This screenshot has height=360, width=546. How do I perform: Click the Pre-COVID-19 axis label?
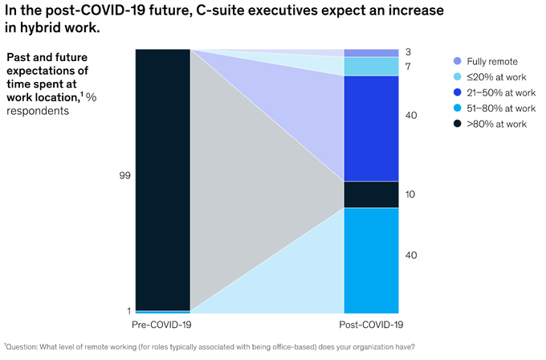pos(162,324)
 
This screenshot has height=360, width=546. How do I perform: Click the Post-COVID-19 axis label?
pos(371,324)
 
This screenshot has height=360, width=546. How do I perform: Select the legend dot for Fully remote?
pos(458,61)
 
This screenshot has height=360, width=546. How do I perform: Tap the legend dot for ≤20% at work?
pos(458,76)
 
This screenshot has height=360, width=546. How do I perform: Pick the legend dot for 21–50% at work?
pos(458,92)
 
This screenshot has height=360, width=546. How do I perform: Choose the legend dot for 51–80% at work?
pos(458,108)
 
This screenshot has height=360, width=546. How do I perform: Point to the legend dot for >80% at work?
pos(458,124)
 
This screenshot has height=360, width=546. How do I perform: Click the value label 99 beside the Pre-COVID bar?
pos(124,174)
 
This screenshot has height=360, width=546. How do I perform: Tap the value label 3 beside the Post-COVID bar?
pos(409,52)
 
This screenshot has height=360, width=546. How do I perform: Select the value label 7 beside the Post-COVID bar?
pos(409,66)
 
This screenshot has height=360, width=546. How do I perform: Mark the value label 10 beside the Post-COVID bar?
pos(411,194)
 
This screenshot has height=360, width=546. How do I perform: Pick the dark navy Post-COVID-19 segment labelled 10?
pos(371,194)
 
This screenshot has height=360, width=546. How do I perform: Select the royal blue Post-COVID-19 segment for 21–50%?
pos(371,128)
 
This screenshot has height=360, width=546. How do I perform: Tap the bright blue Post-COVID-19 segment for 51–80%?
pos(371,260)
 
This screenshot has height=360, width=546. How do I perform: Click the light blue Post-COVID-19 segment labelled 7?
pos(371,66)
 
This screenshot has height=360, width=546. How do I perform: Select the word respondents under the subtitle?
pos(38,111)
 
